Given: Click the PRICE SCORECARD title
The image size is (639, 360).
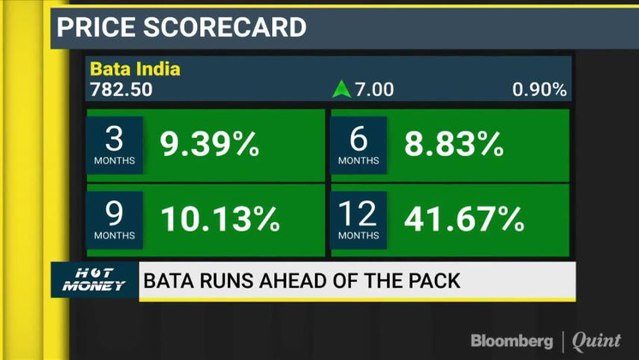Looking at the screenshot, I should (181, 26).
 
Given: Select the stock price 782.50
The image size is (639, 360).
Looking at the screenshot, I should (121, 90).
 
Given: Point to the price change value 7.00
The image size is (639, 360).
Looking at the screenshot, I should (375, 90).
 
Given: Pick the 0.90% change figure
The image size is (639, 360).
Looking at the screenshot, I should (540, 90).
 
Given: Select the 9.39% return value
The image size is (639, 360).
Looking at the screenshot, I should (209, 146).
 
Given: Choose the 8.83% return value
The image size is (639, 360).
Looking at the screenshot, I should (453, 146).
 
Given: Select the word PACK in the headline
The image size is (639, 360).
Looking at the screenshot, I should (432, 281).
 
